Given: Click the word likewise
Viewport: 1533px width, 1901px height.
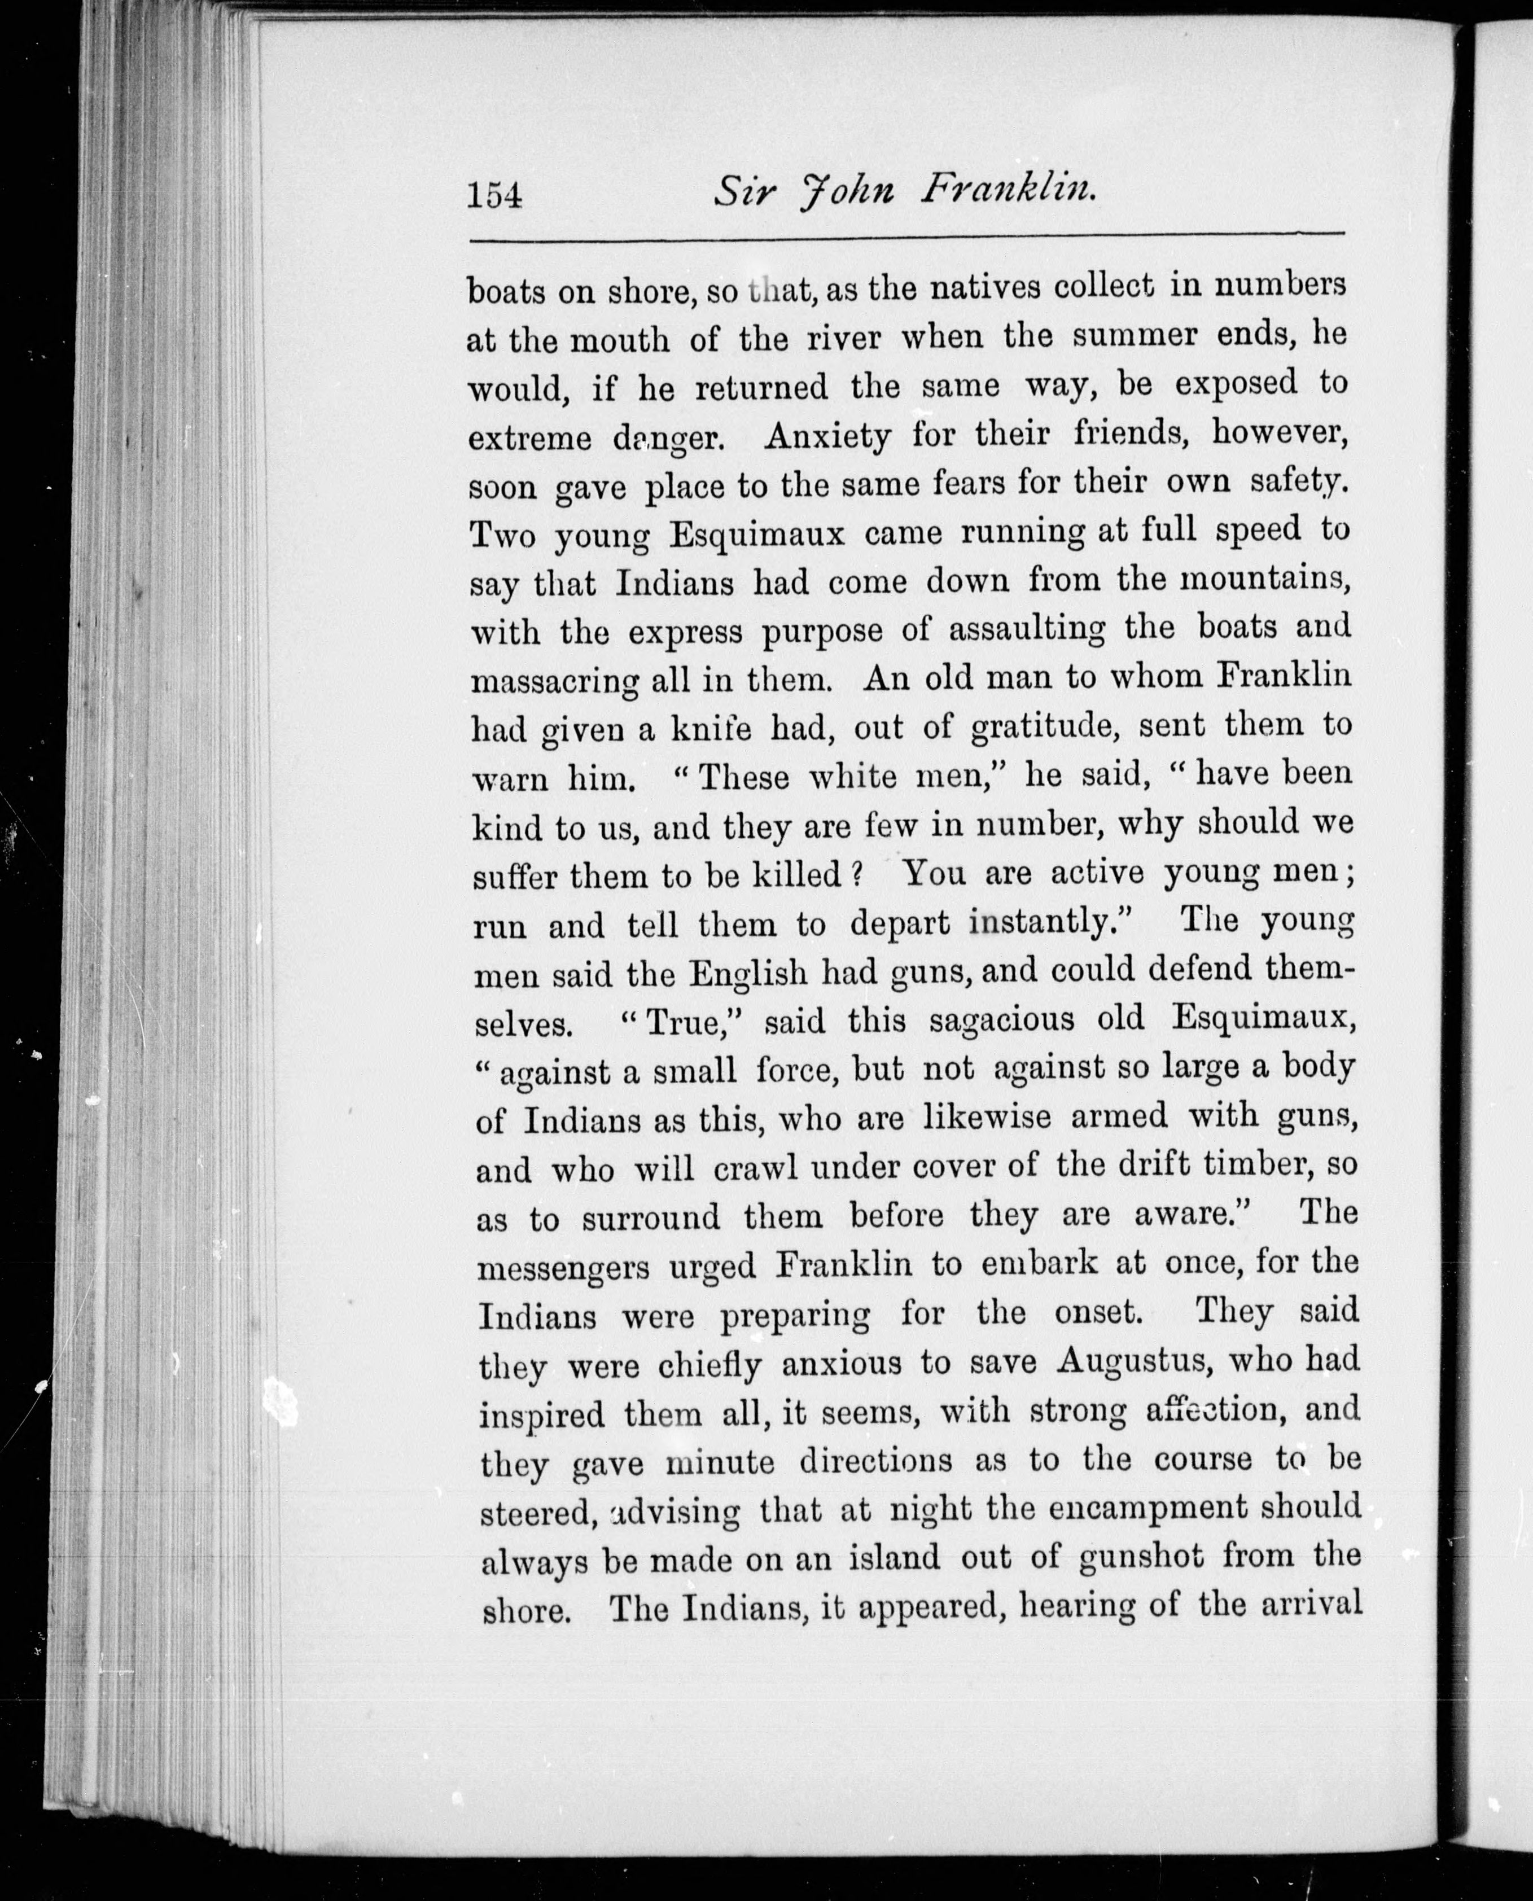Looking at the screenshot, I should [987, 1119].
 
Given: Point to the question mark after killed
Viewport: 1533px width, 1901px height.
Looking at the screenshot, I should [855, 875].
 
